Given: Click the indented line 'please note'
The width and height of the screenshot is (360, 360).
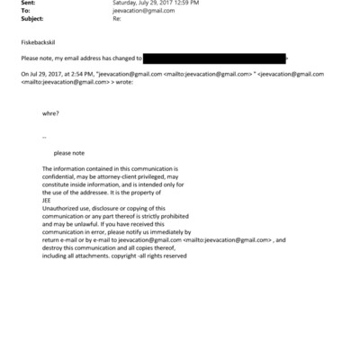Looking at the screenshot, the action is pyautogui.click(x=69, y=153).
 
